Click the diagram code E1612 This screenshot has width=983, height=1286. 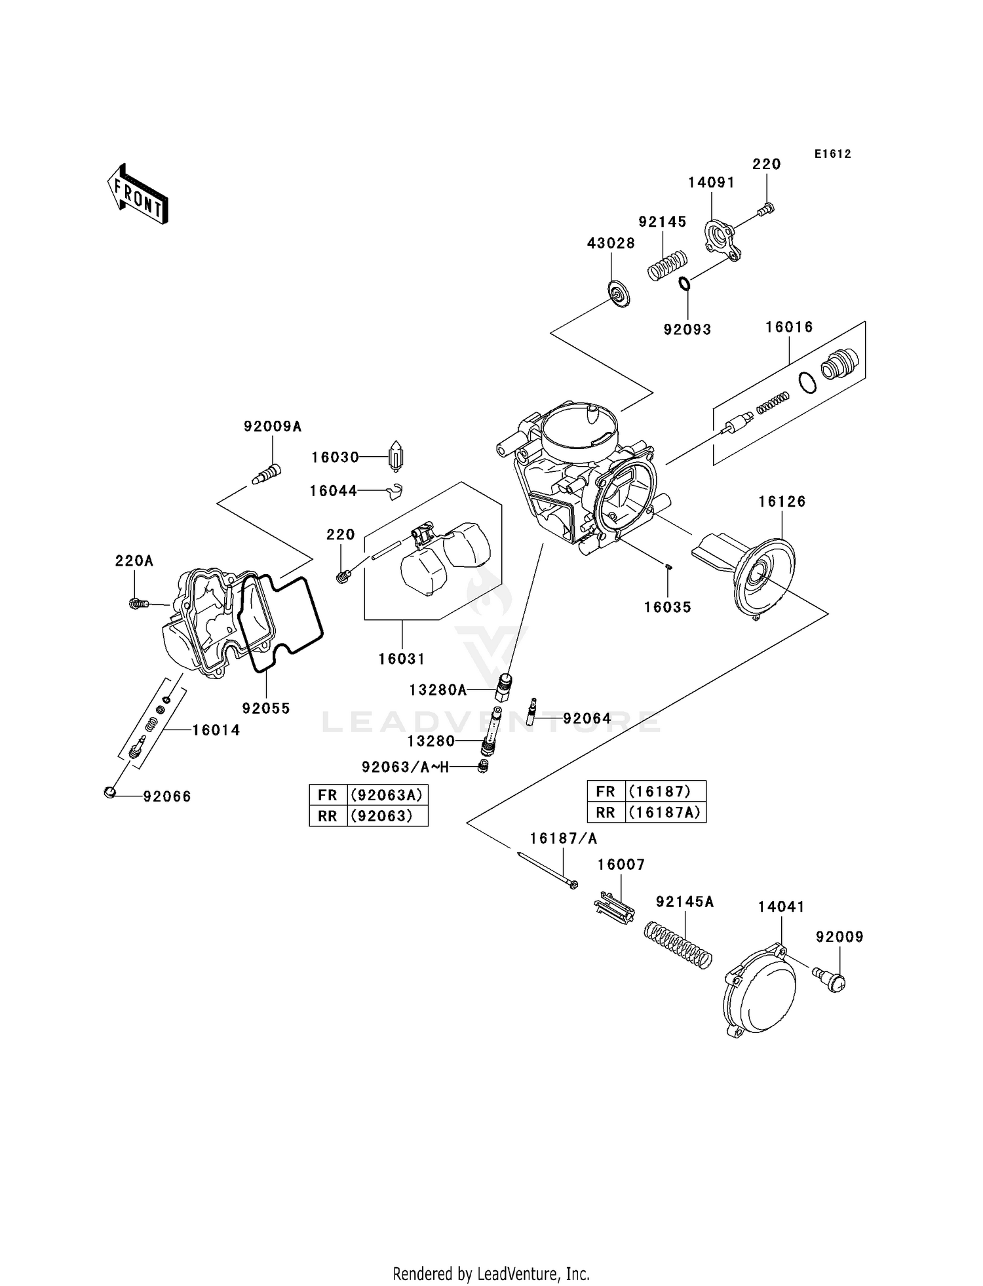[832, 154]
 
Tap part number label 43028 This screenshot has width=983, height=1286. [611, 243]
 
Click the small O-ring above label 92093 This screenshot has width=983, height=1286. [684, 284]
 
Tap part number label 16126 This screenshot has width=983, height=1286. [782, 501]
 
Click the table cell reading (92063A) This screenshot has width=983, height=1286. [387, 795]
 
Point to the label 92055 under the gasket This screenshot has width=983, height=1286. [266, 709]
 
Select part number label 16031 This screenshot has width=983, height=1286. [402, 659]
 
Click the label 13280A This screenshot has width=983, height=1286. [438, 690]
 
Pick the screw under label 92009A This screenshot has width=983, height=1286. [267, 473]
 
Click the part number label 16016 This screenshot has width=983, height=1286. [789, 327]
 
